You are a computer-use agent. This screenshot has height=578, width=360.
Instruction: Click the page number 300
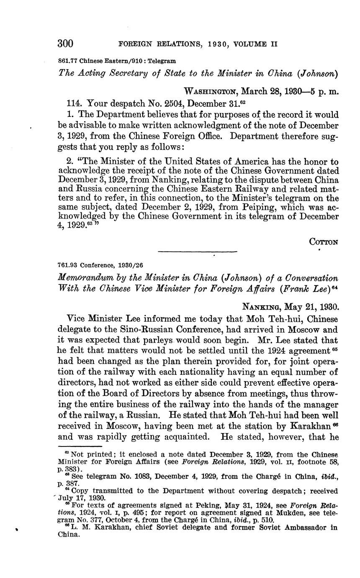point(65,44)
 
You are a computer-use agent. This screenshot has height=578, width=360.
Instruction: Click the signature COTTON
point(324,242)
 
